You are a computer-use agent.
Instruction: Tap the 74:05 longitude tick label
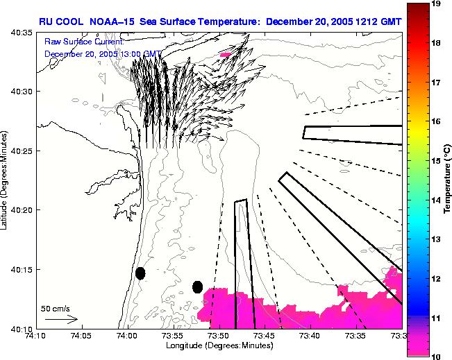[x=81, y=336]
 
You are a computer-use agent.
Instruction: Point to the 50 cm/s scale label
[x=55, y=308]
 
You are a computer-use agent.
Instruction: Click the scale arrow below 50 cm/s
[x=61, y=320]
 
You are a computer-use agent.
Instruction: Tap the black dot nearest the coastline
[x=140, y=273]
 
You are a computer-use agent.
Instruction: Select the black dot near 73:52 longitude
[x=197, y=286]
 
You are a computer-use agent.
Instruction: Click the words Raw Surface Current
[x=83, y=42]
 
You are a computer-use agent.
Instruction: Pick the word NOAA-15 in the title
[x=114, y=22]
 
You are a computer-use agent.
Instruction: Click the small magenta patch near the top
[x=224, y=54]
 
